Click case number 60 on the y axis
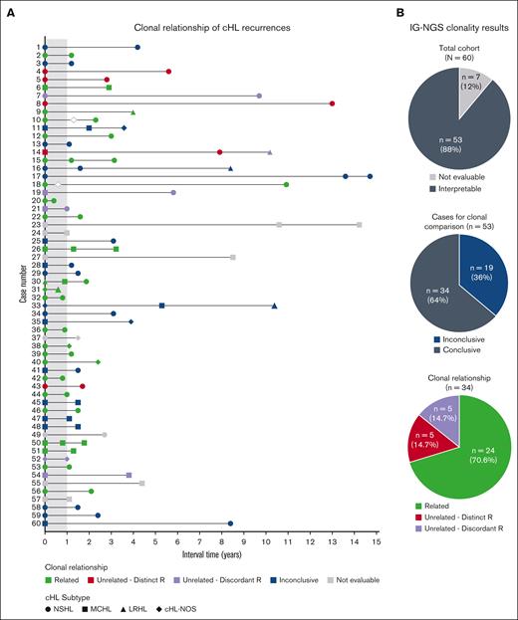[36, 522]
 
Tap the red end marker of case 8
[332, 103]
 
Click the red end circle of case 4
[168, 72]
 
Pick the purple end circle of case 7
[259, 96]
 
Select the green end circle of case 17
[286, 184]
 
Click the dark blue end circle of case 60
[230, 522]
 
